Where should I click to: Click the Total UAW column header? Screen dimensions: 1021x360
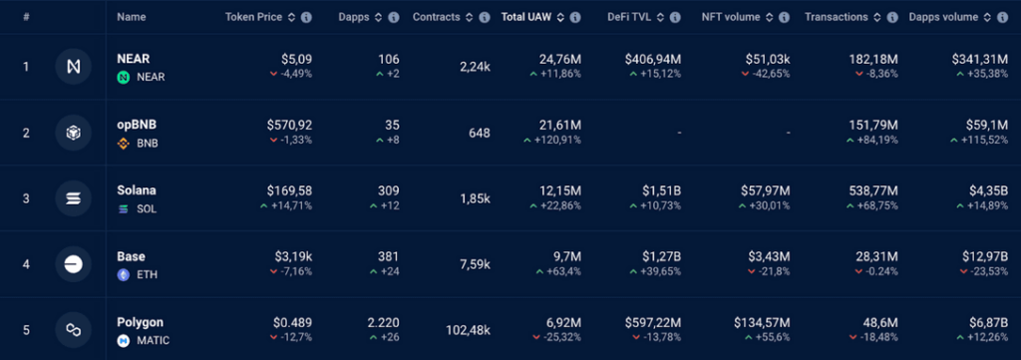[526, 17]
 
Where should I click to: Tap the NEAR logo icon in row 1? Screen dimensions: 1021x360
[74, 67]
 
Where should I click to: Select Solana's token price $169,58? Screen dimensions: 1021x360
[289, 191]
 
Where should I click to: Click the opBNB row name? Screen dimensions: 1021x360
[137, 125]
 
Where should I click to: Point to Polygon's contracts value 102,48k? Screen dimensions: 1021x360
[468, 331]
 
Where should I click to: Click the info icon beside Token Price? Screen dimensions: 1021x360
[307, 18]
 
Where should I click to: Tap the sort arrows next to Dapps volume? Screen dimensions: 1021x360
[988, 18]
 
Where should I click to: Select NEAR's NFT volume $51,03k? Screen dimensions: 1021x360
[768, 60]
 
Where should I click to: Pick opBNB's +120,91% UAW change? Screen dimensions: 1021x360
[552, 140]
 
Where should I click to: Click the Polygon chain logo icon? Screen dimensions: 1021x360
[74, 330]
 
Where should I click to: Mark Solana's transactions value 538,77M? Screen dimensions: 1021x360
[873, 191]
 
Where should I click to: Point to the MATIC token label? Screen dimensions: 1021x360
[153, 340]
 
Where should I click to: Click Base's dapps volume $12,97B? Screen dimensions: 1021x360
[984, 257]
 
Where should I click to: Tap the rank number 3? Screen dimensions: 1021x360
[26, 198]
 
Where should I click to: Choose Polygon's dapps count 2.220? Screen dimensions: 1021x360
[384, 323]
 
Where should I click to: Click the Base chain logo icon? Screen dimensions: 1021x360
[74, 263]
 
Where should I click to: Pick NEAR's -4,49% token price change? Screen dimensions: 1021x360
[291, 74]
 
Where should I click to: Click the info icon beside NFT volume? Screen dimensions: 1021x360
[784, 18]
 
